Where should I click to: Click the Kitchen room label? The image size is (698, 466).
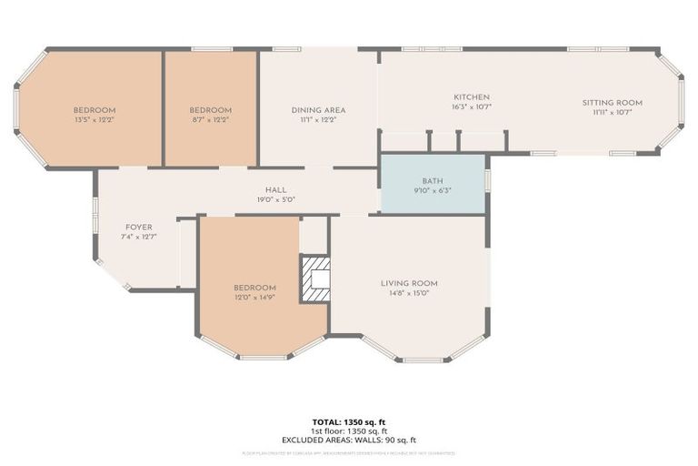472,97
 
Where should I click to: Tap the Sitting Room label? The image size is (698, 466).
612,103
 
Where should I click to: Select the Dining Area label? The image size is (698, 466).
318,110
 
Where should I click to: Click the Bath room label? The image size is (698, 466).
433,181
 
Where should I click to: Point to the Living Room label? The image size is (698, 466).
409,283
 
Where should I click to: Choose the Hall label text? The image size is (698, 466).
263,189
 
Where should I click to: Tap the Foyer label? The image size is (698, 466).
138,227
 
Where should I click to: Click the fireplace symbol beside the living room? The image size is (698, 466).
315,278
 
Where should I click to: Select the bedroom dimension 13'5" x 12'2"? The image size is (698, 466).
95,119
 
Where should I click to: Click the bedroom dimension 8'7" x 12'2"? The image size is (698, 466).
210,119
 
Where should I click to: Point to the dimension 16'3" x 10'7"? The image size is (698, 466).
472,106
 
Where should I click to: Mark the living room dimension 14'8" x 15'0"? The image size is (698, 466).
409,293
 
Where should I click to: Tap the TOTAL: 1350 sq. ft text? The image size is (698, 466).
348,422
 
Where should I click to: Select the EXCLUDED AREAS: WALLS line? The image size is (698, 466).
348,440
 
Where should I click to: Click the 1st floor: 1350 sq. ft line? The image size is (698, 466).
348,431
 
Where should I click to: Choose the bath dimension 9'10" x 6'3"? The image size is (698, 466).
433,190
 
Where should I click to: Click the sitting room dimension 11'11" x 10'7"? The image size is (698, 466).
612,112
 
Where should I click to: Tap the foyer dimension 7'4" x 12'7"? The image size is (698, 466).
138,236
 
